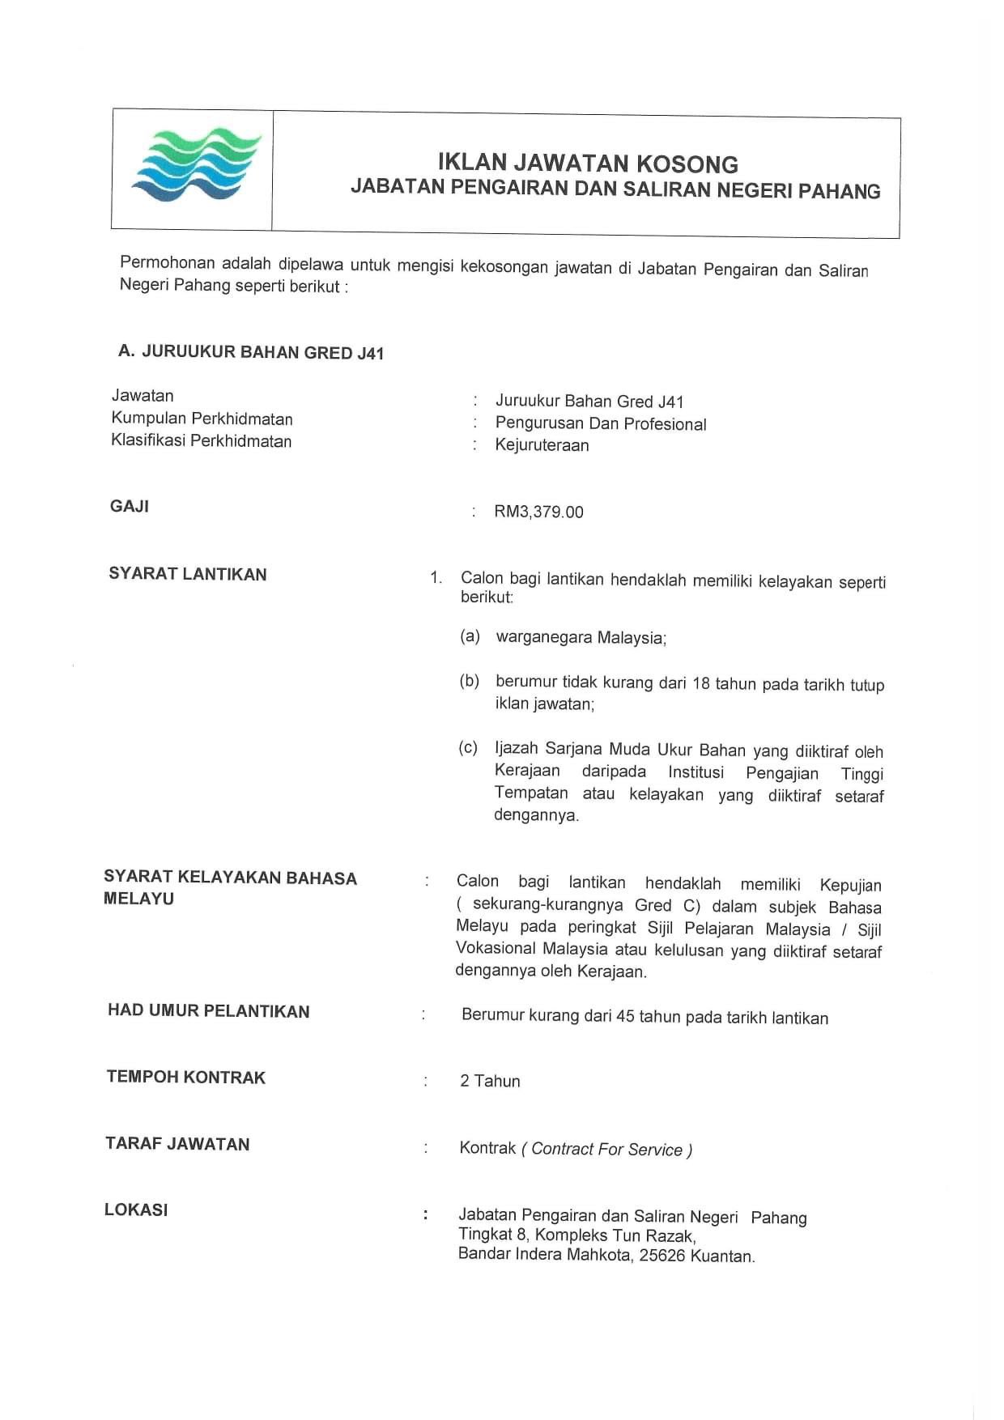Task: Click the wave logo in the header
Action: point(197,164)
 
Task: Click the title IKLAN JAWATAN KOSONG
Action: point(588,163)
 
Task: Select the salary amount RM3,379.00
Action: point(538,512)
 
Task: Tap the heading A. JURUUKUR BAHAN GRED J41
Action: point(251,352)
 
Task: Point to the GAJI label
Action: point(130,507)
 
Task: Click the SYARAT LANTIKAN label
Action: point(188,574)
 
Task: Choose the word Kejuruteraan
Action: point(542,445)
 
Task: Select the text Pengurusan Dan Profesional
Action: point(600,423)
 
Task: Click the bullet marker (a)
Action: point(470,636)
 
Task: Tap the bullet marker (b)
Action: point(470,681)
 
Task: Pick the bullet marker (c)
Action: point(468,748)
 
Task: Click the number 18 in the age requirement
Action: point(701,683)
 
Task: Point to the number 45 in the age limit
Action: point(624,1016)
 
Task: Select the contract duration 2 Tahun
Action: point(490,1081)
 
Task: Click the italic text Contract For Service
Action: point(606,1150)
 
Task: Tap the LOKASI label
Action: point(136,1210)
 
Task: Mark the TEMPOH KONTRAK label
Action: point(186,1078)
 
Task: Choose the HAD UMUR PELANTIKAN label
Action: point(208,1011)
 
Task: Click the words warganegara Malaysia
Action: point(581,637)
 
